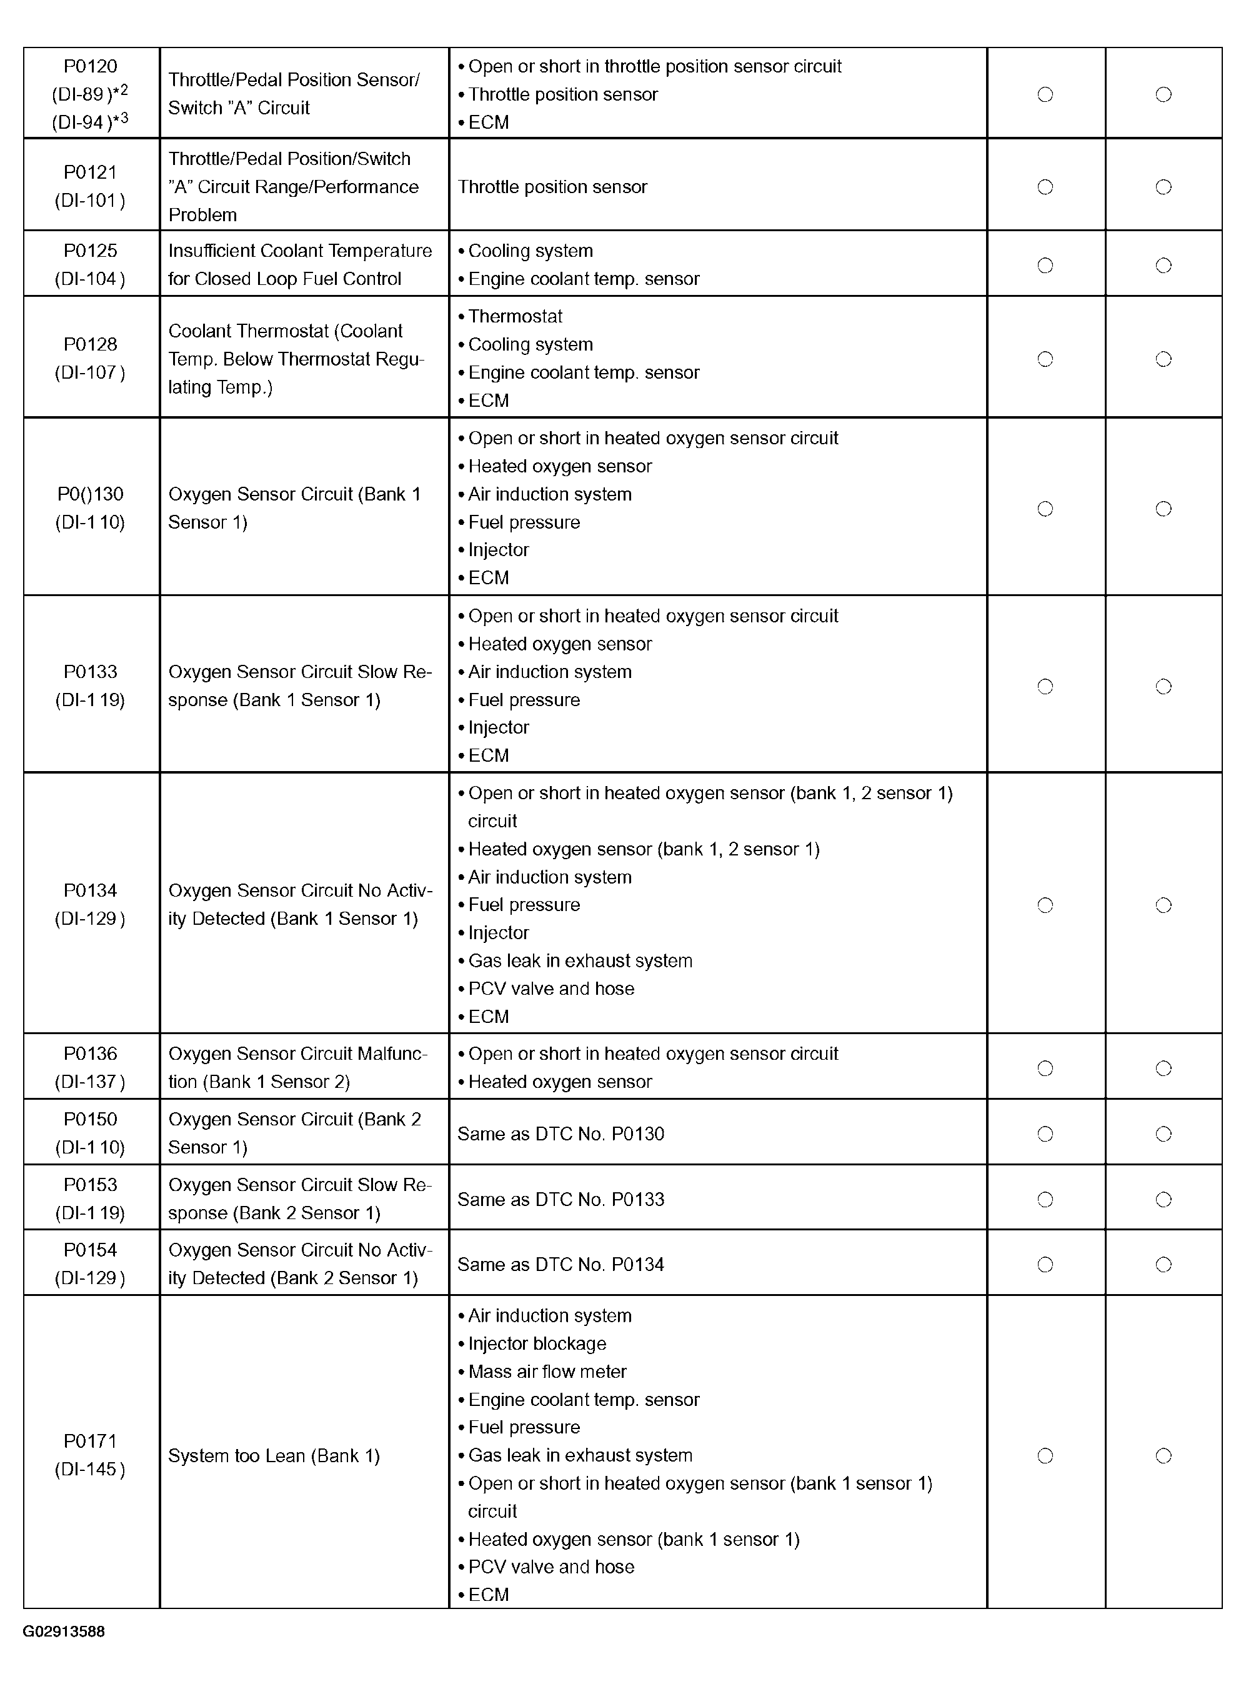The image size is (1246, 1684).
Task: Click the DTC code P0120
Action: click(90, 66)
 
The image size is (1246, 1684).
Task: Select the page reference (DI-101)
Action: click(90, 201)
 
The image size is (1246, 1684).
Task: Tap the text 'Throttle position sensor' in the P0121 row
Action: click(552, 187)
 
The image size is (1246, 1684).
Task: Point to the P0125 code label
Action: click(90, 251)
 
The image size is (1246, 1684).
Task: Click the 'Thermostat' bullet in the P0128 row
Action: click(515, 317)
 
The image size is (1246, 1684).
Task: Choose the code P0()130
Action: click(90, 495)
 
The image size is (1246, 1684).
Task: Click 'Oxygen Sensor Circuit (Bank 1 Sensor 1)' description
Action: click(294, 508)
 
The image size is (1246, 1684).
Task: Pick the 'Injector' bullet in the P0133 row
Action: click(499, 728)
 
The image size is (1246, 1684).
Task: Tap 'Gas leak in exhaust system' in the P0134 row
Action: click(580, 961)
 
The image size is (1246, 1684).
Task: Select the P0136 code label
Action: click(90, 1054)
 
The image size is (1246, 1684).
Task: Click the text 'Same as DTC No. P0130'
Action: click(561, 1134)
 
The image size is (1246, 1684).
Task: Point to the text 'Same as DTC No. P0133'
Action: click(561, 1200)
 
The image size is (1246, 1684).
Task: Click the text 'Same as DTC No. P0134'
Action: click(561, 1265)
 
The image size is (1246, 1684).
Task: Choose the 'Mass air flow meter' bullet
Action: click(547, 1372)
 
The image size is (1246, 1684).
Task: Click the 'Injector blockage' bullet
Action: click(537, 1344)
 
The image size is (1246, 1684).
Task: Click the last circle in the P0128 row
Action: click(1164, 359)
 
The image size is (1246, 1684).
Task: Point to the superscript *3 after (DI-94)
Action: click(121, 118)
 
